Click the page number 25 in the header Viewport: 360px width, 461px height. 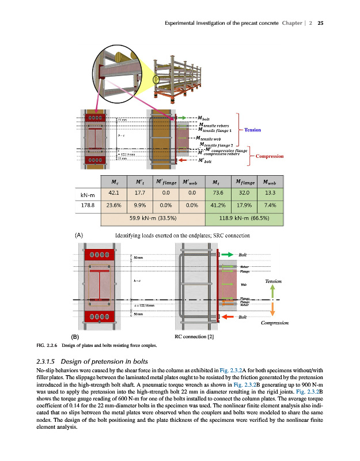tap(321, 24)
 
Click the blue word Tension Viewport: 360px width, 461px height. tap(253, 130)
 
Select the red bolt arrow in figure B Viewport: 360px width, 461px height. tap(226, 318)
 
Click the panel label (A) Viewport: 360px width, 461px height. tap(78, 235)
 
